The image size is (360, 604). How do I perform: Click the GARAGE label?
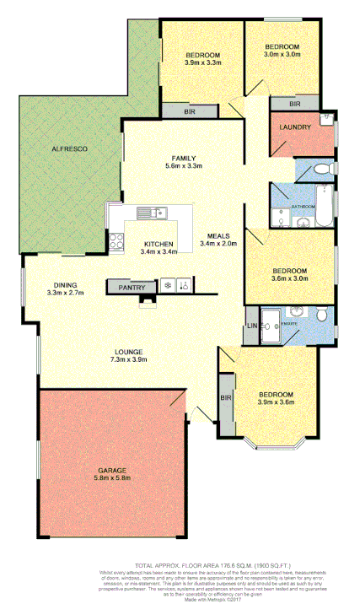112,469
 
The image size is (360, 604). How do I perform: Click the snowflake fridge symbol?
169,287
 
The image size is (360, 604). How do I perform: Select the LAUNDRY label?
296,127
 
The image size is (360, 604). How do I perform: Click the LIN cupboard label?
251,326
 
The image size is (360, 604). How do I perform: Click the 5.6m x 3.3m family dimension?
185,166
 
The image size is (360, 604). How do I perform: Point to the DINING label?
64,285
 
